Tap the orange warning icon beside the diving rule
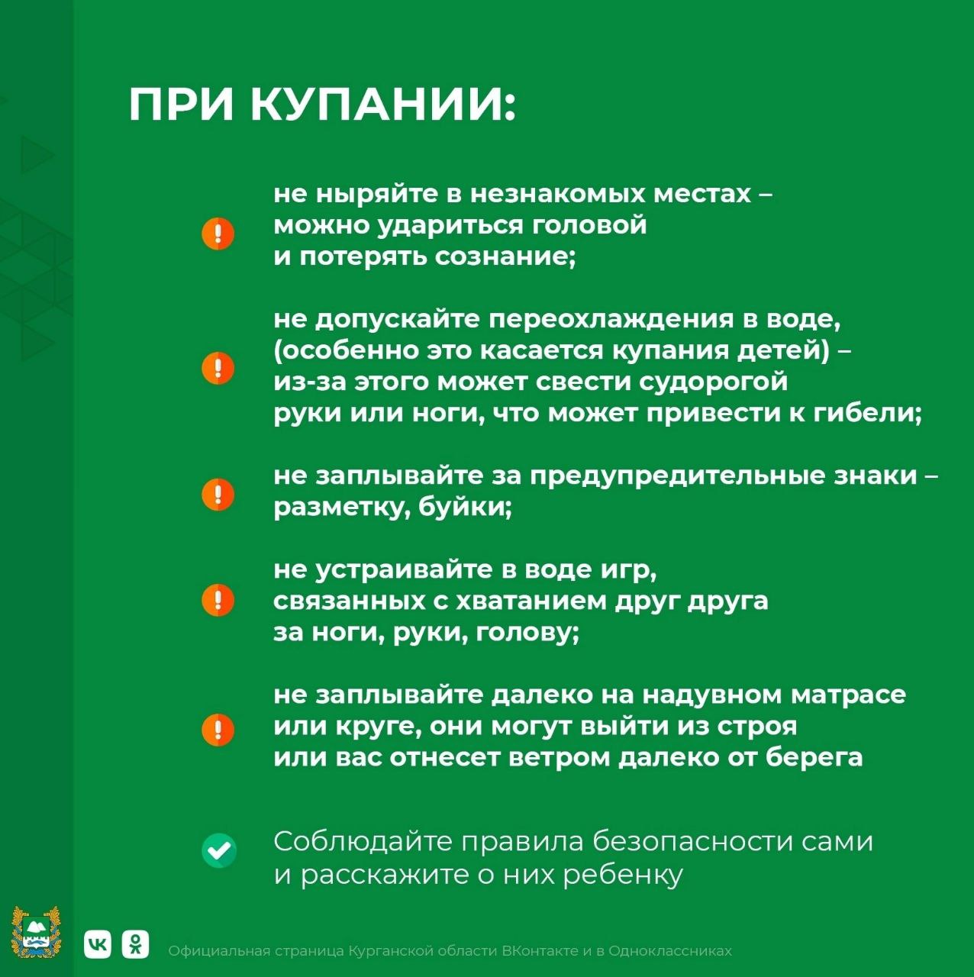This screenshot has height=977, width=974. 218,234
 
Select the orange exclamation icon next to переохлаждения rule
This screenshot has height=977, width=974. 218,368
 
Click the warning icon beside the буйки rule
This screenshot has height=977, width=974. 218,494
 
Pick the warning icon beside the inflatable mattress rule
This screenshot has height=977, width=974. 218,730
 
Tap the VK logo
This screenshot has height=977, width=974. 98,944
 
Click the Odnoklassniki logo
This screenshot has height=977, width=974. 135,944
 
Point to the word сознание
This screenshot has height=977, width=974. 505,257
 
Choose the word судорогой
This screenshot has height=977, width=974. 713,382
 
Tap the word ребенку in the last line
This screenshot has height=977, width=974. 623,875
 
